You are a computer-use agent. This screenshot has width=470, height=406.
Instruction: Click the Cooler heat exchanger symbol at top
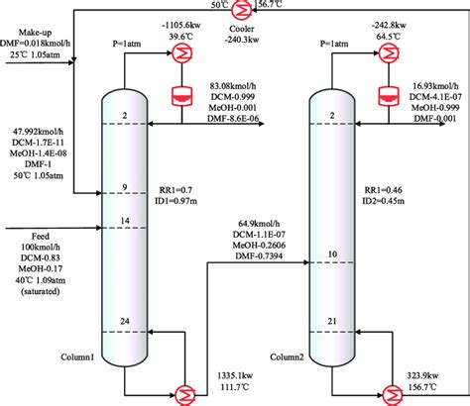[237, 8]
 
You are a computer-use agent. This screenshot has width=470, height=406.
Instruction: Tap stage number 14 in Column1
[126, 221]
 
